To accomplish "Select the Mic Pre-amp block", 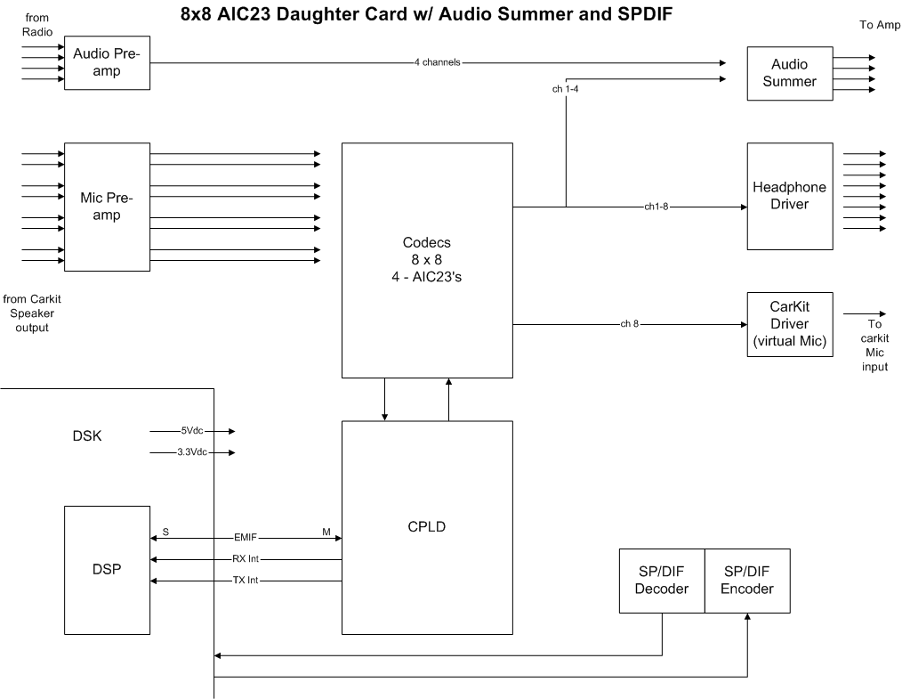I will point(107,207).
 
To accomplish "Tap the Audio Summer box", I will point(789,73).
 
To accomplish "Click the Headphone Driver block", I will point(789,196).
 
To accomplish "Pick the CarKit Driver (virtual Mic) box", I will point(789,324).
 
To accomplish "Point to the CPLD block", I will point(427,526).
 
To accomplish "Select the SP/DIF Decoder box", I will point(661,581).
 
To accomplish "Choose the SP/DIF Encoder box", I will point(747,581).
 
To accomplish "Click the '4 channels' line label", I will point(438,63).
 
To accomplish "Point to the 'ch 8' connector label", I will point(630,324).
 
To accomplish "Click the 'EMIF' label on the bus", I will point(246,538).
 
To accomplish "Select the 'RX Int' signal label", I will point(246,559).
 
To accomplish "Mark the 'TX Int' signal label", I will point(246,581).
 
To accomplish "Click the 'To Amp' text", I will point(879,25).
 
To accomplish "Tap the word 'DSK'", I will point(87,437).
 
